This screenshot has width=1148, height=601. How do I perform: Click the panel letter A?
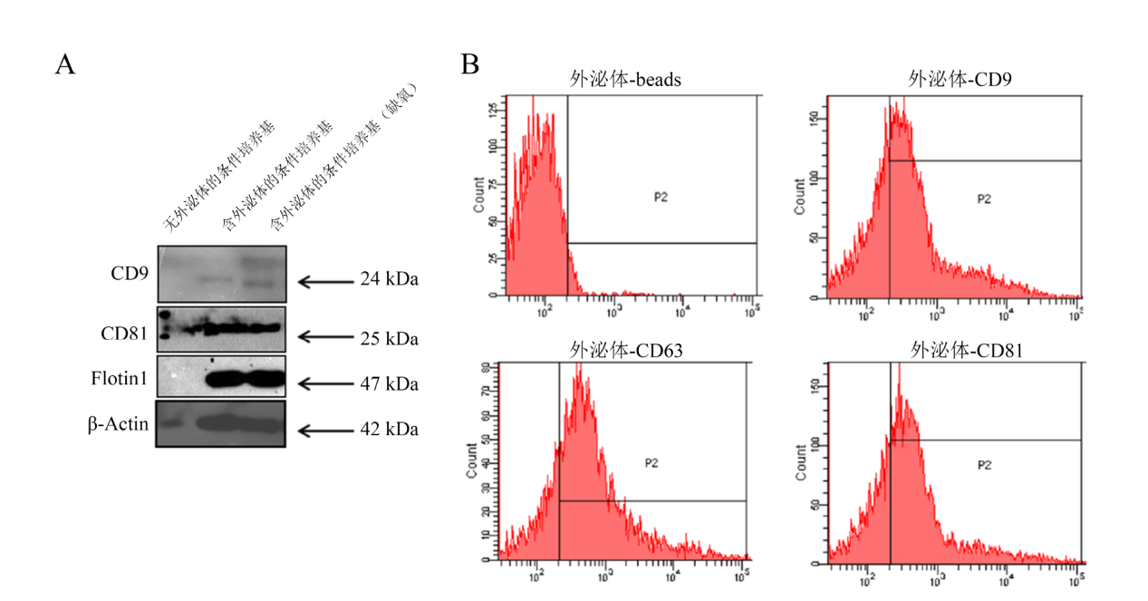click(64, 65)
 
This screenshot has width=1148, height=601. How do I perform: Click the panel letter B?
click(470, 64)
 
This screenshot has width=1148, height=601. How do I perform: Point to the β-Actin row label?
click(119, 423)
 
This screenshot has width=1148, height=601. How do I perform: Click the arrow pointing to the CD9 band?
click(323, 281)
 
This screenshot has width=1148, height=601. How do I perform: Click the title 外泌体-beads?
click(625, 81)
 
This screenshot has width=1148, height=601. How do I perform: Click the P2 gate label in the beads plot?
click(661, 196)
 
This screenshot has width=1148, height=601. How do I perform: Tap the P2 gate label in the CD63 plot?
click(651, 463)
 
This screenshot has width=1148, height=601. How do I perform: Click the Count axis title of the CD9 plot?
click(800, 195)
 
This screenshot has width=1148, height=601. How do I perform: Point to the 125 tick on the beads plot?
click(492, 110)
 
